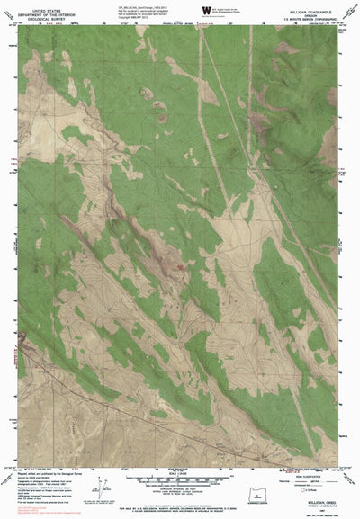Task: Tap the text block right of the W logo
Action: pos(232,10)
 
